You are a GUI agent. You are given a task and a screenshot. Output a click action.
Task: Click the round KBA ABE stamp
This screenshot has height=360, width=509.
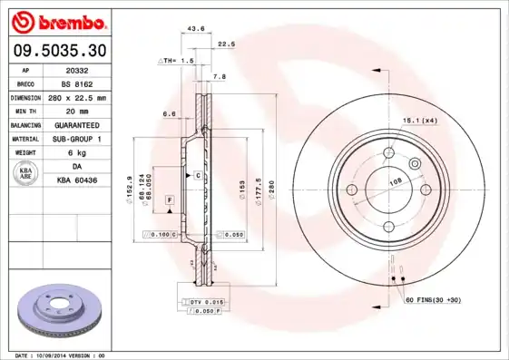[27, 174]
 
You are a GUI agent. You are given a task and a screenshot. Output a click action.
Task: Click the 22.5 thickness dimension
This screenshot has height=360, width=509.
[226, 44]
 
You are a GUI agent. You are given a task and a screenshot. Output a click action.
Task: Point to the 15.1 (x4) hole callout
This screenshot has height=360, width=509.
[419, 120]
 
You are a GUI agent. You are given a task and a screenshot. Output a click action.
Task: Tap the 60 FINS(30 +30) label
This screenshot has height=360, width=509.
[434, 300]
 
